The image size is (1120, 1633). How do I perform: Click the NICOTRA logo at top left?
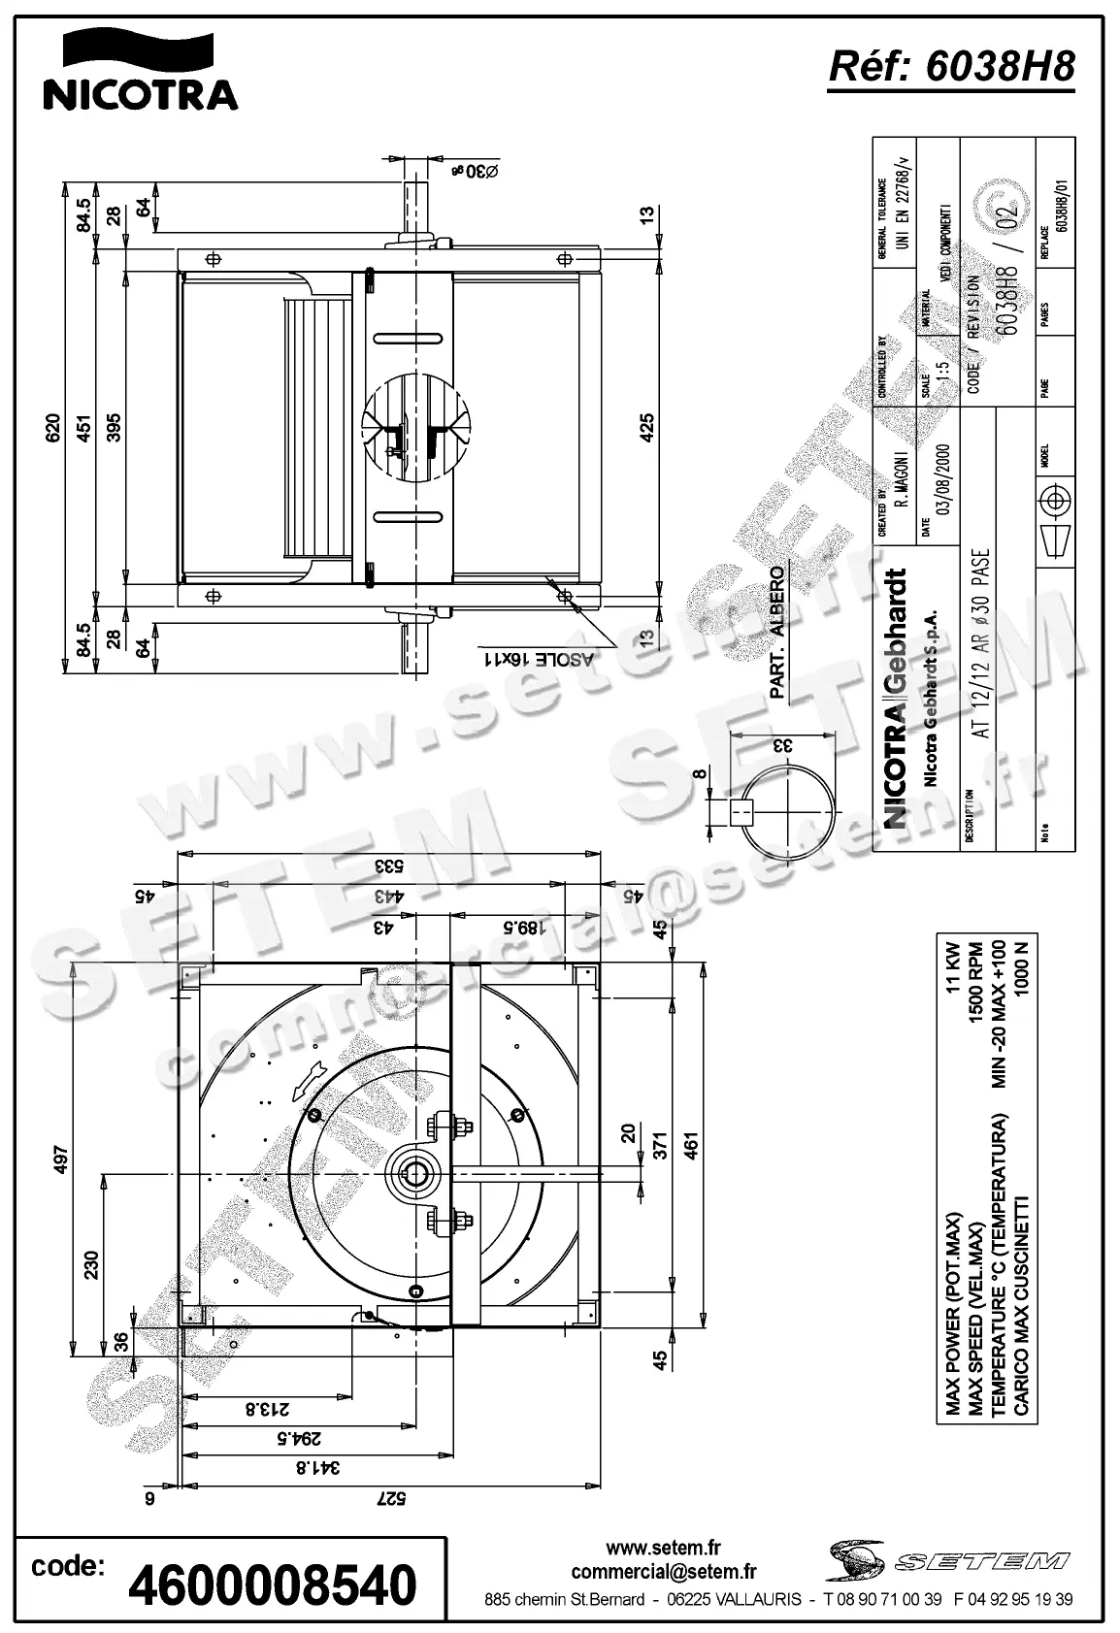(x=139, y=73)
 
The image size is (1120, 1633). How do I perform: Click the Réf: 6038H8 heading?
(x=950, y=68)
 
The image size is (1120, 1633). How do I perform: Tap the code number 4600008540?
(x=273, y=1584)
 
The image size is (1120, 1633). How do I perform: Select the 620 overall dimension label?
(x=53, y=428)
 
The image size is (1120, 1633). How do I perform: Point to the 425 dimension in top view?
(x=647, y=428)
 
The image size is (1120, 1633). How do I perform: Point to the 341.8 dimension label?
(x=301, y=1467)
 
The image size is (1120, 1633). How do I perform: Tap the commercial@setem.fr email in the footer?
(x=664, y=1572)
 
